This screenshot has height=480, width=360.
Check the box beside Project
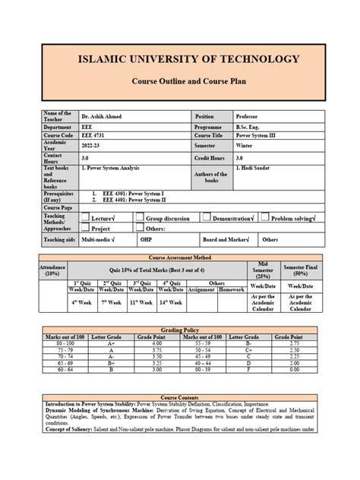point(86,228)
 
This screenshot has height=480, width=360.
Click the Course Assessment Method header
point(180,258)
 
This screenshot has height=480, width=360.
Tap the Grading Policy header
point(180,331)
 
